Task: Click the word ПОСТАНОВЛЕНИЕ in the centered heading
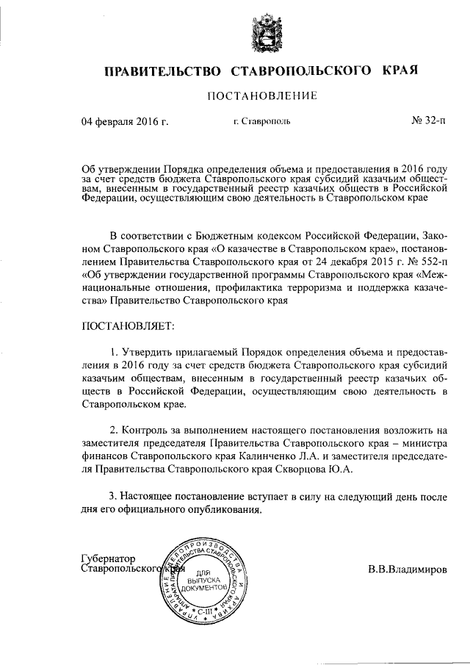(262, 96)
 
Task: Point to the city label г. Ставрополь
(261, 122)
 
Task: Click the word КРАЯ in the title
(399, 71)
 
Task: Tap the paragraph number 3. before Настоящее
(112, 497)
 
